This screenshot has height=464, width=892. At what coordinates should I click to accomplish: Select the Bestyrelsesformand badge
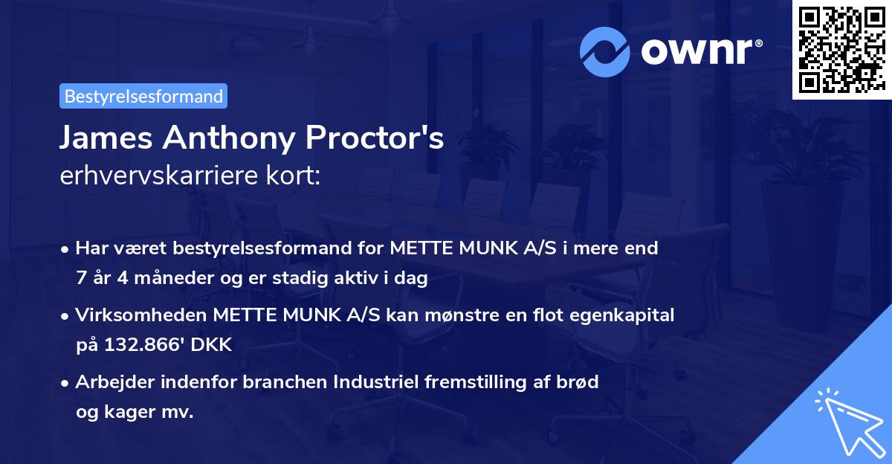point(143,96)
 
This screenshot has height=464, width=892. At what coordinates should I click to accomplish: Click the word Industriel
point(375,382)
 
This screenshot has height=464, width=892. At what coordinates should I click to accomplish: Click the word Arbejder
point(108,382)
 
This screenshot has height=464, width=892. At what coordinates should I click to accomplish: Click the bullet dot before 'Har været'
point(66,249)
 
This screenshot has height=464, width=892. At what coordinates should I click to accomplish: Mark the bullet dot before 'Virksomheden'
point(66,316)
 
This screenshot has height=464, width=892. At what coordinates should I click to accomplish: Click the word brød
point(579,382)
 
